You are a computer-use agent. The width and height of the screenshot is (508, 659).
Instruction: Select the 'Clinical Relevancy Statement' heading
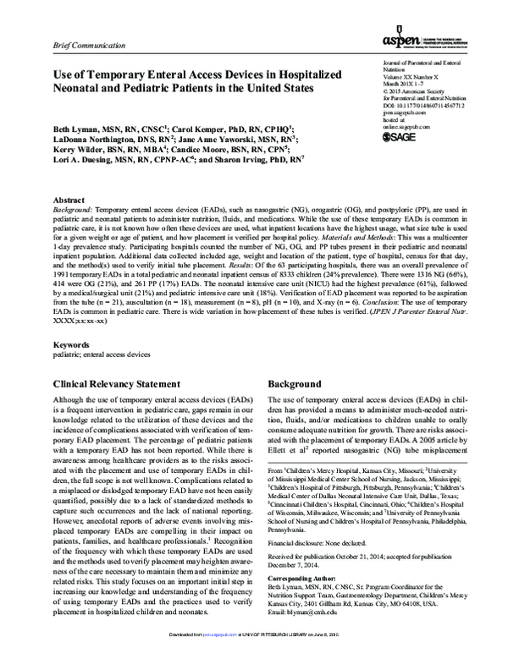click(x=119, y=383)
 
